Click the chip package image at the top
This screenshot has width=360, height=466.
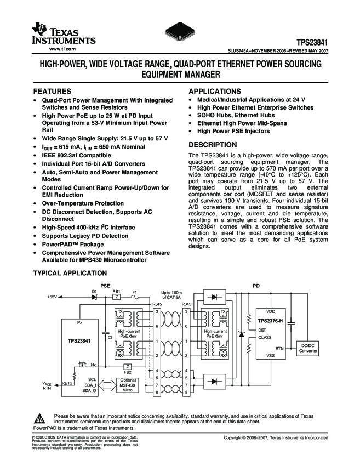[x=180, y=32]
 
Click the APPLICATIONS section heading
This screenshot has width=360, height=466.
[x=215, y=91]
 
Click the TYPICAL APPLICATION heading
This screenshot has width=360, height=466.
[x=70, y=273]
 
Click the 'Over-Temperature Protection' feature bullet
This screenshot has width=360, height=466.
[x=83, y=203]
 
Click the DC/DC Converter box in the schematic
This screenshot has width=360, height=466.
[x=308, y=348]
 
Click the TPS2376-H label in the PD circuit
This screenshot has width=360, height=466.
[x=271, y=321]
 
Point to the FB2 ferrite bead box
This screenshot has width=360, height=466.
[x=127, y=366]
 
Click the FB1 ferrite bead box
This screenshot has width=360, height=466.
[x=116, y=296]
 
